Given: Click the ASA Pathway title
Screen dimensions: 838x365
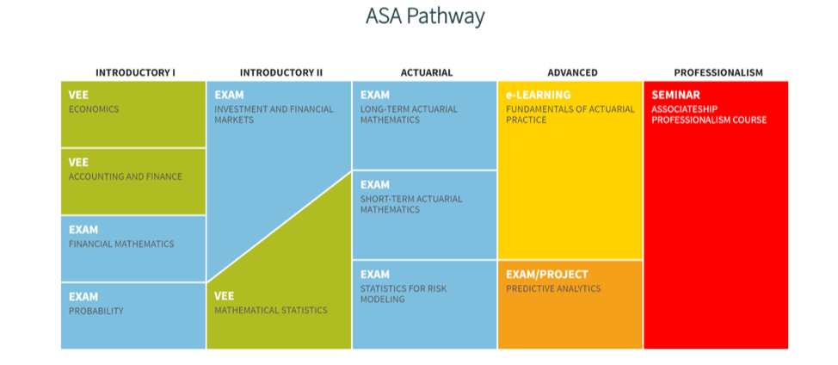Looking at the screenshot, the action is tap(425, 16).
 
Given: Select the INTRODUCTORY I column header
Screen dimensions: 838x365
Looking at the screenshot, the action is tap(135, 72).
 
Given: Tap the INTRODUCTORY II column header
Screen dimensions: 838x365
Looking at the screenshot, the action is tap(281, 72).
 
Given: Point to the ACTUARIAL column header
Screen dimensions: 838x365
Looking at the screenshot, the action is tap(427, 72).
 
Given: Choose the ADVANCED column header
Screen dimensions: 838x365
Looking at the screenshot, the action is tap(572, 72).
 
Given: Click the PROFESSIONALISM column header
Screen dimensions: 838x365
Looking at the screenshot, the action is tap(718, 72).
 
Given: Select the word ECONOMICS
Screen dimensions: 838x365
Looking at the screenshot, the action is tap(94, 109).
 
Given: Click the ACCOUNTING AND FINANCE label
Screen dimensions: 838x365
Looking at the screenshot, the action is tap(126, 176).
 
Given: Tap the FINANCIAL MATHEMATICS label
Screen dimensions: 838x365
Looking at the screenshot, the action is tap(121, 244).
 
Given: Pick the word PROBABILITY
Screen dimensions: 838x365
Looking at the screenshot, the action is tap(96, 311).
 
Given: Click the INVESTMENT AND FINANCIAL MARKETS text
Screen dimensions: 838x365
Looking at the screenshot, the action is tap(274, 114).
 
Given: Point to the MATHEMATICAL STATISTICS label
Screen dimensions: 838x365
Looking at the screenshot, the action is tap(271, 311).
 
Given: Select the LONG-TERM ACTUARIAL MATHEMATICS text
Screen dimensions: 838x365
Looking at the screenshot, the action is tap(410, 114).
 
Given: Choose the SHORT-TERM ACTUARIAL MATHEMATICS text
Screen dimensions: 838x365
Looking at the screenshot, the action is tap(411, 204).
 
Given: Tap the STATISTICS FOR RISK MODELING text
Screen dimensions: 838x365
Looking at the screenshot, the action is tap(404, 294).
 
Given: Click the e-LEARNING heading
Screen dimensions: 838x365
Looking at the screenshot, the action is tap(539, 96).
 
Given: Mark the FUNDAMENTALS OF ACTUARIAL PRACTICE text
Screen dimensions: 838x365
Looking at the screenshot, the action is tap(570, 114).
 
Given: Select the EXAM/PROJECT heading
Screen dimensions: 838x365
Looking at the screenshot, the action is tap(546, 275).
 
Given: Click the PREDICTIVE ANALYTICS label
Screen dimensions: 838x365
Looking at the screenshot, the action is tap(553, 289).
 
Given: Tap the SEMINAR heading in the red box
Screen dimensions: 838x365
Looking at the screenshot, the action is tap(675, 96).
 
